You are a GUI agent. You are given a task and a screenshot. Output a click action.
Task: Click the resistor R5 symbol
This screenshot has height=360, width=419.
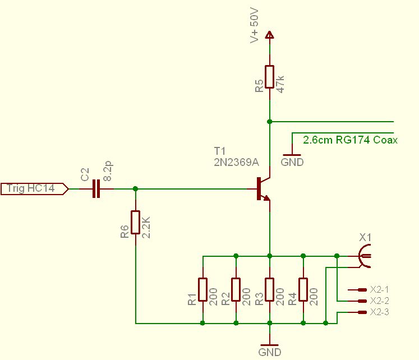(270, 77)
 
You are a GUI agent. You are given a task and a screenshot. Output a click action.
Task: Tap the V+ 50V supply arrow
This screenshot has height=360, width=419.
(270, 35)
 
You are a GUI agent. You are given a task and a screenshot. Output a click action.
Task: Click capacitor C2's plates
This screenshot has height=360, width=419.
(96, 189)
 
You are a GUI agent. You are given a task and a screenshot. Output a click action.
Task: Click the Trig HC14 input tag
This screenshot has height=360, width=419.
(34, 189)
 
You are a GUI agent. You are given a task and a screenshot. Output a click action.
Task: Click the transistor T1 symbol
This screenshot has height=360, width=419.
(263, 189)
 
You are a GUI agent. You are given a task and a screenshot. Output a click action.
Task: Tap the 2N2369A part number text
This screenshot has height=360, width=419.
(236, 162)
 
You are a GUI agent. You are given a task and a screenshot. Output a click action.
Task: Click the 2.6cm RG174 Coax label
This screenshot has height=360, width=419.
(350, 140)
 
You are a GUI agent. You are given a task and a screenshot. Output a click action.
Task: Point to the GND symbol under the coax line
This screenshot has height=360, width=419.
(292, 154)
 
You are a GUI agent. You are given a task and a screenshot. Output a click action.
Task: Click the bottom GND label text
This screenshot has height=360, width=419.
(270, 352)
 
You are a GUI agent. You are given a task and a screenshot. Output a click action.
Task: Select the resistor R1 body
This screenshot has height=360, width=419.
(202, 289)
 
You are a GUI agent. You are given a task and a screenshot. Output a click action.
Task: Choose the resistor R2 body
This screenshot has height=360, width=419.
(236, 289)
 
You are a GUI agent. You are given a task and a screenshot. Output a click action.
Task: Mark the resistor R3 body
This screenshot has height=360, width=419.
(270, 289)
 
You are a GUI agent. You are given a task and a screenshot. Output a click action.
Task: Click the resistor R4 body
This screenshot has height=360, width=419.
(303, 289)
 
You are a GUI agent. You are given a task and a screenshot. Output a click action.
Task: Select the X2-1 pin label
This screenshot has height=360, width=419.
(380, 290)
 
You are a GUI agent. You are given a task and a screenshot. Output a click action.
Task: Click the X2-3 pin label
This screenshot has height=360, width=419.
(380, 312)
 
